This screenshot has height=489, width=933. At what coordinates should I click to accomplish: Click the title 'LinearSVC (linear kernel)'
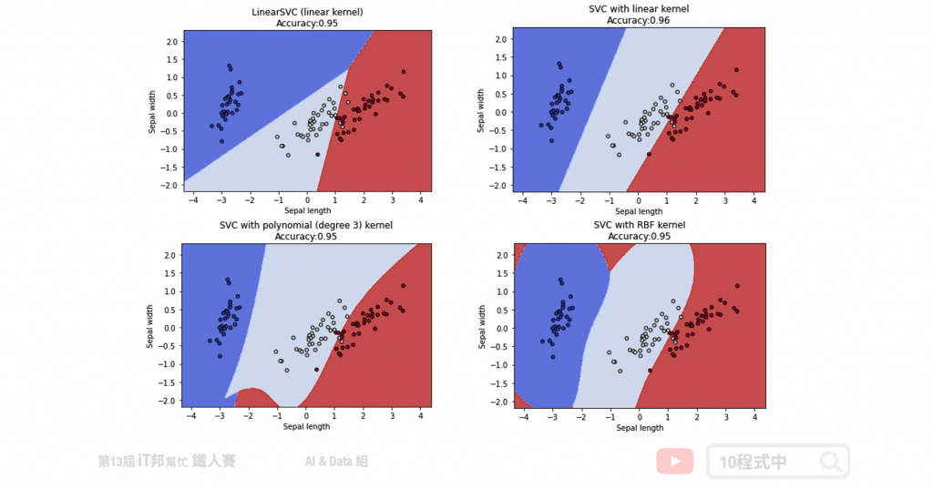(x=307, y=11)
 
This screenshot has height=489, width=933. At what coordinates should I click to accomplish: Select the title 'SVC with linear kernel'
(x=638, y=9)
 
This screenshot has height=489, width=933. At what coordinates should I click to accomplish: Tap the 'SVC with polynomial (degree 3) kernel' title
(x=307, y=225)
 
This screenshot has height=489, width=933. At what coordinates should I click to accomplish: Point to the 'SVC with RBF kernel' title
(x=639, y=225)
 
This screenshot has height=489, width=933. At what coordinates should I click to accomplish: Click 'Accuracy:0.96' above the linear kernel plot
(x=638, y=21)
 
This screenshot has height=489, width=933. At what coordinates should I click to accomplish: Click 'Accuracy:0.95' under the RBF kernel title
(x=639, y=236)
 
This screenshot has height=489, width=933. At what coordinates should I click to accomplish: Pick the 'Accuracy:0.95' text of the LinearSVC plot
(x=307, y=23)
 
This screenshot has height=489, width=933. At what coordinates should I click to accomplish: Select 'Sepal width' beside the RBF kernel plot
(x=483, y=328)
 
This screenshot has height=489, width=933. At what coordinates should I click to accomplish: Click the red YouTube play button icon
(x=675, y=461)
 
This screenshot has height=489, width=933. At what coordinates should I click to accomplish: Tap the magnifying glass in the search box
(x=830, y=462)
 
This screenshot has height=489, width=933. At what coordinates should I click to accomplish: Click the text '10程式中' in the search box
(x=753, y=462)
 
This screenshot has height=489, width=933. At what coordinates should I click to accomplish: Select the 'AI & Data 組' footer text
(x=337, y=462)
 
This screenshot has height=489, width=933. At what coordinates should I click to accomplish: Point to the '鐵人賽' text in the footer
(x=215, y=462)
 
